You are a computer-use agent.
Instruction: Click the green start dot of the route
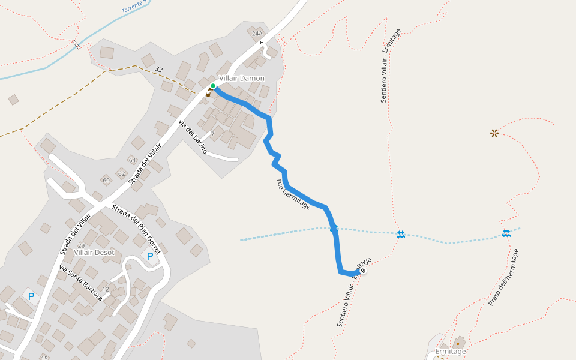pos(213,86)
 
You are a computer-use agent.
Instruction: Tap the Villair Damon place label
pos(241,78)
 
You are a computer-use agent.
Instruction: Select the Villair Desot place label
pos(94,252)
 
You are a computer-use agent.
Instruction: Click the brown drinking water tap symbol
pos(208,94)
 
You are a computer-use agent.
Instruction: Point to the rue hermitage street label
pos(293,194)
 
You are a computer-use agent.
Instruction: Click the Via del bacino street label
pos(193,137)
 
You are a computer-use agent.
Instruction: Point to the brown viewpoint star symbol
pos(494,133)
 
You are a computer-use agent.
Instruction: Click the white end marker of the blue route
pos(362,271)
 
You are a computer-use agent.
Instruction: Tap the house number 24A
pos(257,34)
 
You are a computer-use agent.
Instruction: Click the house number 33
pos(158,70)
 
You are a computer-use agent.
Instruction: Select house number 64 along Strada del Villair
pos(133,160)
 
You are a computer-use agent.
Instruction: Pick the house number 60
pos(106,180)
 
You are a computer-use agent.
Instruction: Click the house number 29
pos(81,246)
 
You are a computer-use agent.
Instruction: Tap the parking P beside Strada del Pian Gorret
pos(149,256)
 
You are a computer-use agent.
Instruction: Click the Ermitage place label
pos(450,352)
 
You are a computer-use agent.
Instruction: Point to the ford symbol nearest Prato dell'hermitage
pos(506,233)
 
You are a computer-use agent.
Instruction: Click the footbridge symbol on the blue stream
pos(76,44)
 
